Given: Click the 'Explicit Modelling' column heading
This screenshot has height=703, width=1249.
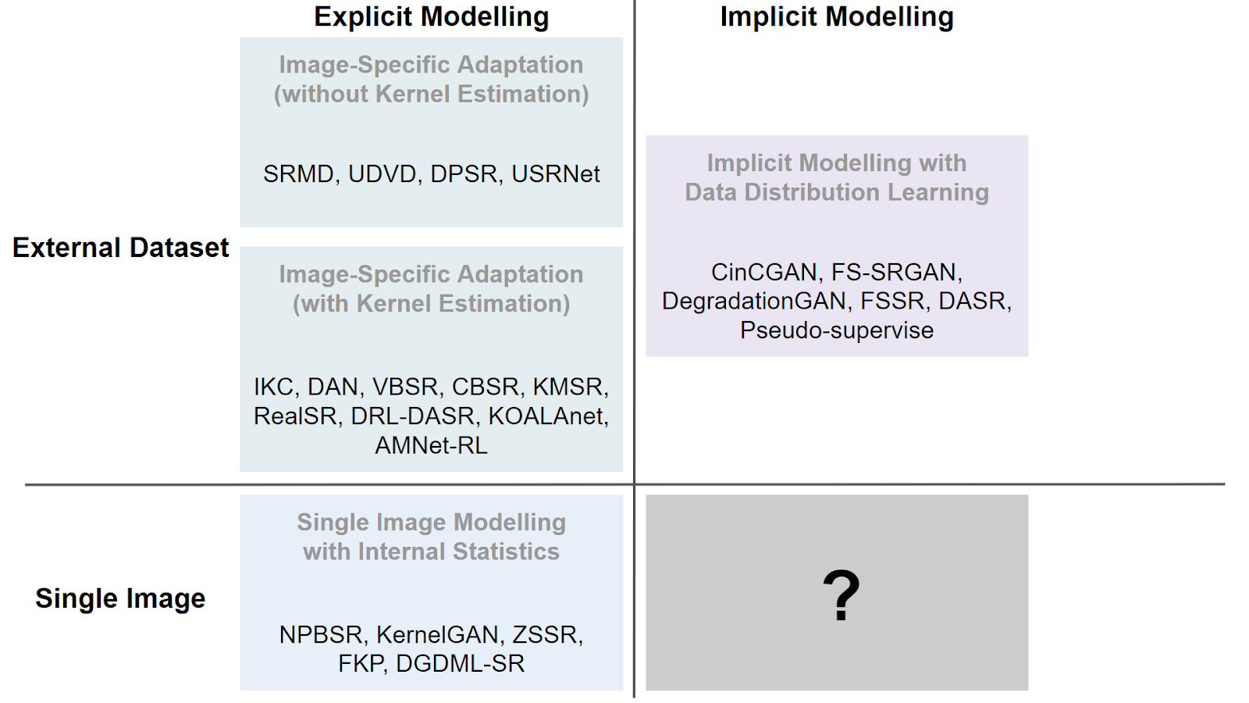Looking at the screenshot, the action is pyautogui.click(x=431, y=16).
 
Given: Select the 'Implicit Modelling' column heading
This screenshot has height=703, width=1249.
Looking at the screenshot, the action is pyautogui.click(x=836, y=16).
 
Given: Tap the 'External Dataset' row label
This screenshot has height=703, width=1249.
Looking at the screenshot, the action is pyautogui.click(x=120, y=247).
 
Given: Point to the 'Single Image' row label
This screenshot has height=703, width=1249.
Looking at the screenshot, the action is pyautogui.click(x=120, y=598).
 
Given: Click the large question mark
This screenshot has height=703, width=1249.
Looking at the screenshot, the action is pyautogui.click(x=841, y=594).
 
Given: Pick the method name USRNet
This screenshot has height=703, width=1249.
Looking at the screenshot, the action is pyautogui.click(x=555, y=174).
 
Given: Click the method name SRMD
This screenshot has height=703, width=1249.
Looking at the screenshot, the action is pyautogui.click(x=298, y=174).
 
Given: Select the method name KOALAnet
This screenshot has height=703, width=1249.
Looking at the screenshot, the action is pyautogui.click(x=548, y=416).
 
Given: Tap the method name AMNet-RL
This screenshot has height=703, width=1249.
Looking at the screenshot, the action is pyautogui.click(x=431, y=445).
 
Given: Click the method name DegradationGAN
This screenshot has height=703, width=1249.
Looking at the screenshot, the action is pyautogui.click(x=754, y=302).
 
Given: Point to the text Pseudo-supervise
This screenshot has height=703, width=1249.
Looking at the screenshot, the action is pyautogui.click(x=836, y=330).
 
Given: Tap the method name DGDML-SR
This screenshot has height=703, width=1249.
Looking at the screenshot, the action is pyautogui.click(x=460, y=664).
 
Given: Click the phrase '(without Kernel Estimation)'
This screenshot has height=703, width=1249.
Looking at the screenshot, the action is pyautogui.click(x=431, y=94).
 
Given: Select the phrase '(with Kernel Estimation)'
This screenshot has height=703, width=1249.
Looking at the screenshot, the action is pyautogui.click(x=431, y=304).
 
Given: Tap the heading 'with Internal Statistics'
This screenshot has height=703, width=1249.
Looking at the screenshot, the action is pyautogui.click(x=431, y=551).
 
